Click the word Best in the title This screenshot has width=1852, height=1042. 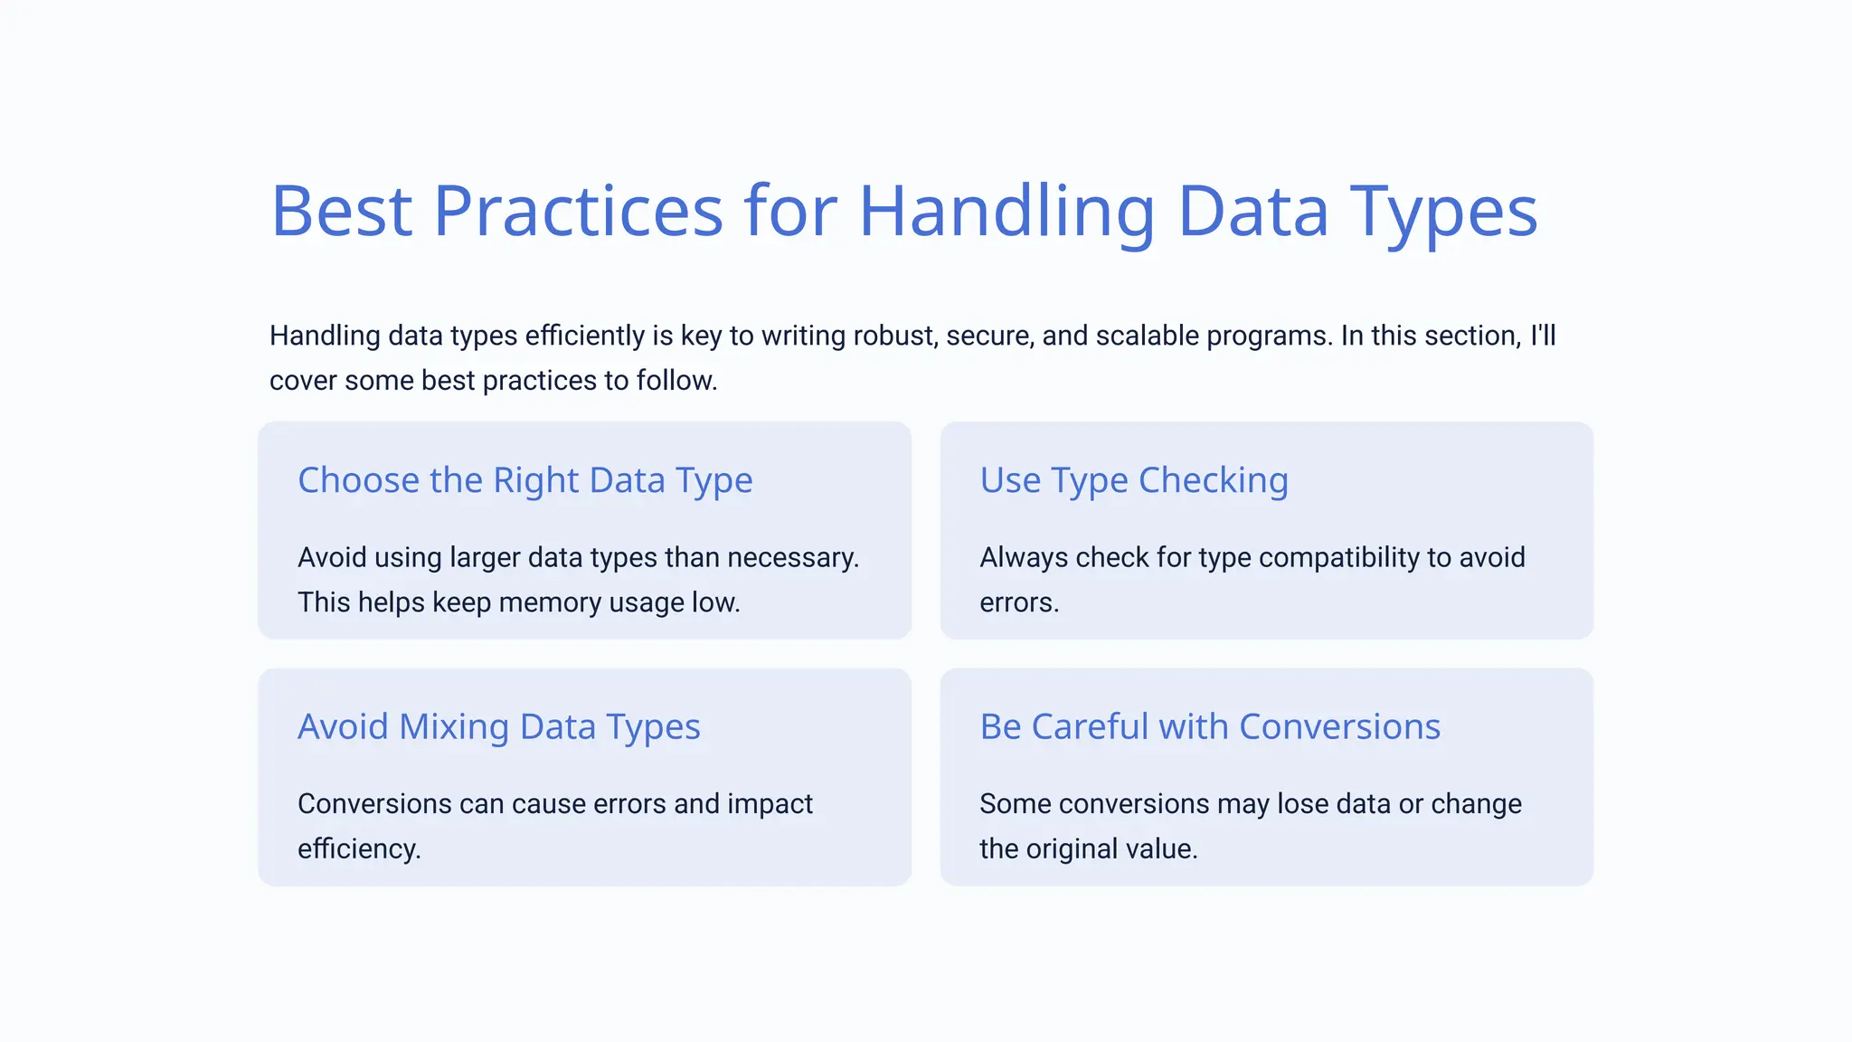[x=342, y=211]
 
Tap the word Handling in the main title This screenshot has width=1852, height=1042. [x=1006, y=211]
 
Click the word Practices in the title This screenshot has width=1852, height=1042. [x=578, y=211]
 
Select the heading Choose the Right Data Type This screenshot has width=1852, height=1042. [x=524, y=480]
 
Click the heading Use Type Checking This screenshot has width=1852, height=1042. [x=1134, y=480]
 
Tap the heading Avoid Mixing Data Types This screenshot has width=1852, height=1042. [x=498, y=727]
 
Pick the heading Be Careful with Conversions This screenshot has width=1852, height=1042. [x=1210, y=727]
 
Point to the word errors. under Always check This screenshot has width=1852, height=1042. [x=1019, y=602]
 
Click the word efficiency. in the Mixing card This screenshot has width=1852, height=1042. [x=359, y=849]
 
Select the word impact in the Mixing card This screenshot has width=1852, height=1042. [x=770, y=804]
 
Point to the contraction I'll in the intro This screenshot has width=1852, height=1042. [x=1543, y=336]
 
